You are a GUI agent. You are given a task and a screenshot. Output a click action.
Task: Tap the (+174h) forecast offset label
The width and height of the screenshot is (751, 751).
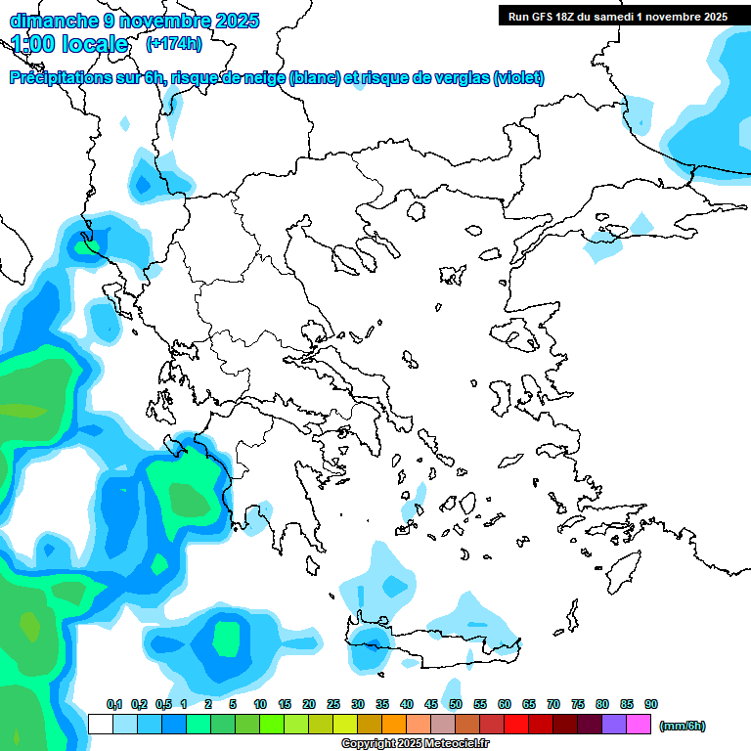173,43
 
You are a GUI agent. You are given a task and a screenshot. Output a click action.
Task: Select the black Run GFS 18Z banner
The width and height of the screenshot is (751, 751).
617,16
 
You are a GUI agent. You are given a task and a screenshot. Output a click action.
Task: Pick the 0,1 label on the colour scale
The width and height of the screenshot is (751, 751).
113,704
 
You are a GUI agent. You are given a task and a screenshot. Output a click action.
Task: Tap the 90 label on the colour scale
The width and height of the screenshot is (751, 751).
650,704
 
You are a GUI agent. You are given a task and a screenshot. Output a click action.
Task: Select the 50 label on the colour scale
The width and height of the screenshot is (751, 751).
455,704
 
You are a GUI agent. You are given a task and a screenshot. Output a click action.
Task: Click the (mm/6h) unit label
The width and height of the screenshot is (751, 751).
683,726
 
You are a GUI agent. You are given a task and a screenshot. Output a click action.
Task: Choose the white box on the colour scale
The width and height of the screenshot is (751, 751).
100,725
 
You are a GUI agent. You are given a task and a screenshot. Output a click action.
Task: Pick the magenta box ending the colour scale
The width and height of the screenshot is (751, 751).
639,725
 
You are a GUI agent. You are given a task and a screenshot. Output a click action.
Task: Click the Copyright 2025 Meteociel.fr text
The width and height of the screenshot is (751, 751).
416,744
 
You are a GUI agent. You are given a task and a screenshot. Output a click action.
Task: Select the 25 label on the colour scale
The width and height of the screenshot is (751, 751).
333,704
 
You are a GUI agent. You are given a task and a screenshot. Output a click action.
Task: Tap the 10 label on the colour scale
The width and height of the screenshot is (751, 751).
260,704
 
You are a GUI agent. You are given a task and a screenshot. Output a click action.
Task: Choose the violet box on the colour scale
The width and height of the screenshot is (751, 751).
613,725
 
